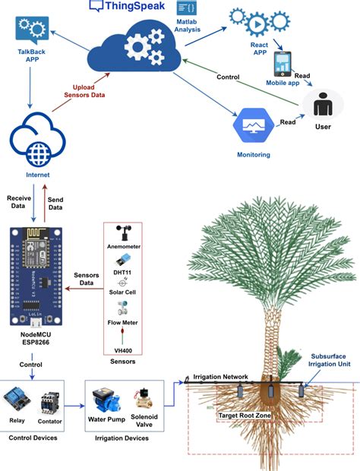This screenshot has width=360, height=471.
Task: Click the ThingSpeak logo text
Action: [124, 7]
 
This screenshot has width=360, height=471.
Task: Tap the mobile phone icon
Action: [283, 63]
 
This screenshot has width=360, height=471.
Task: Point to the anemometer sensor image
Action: [122, 232]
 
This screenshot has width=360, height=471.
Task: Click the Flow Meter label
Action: [123, 322]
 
